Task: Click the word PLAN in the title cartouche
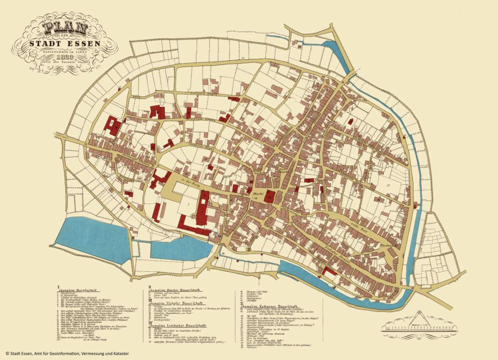pyautogui.click(x=65, y=27)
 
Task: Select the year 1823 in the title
pyautogui.click(x=65, y=56)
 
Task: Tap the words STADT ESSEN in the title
pyautogui.click(x=65, y=42)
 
